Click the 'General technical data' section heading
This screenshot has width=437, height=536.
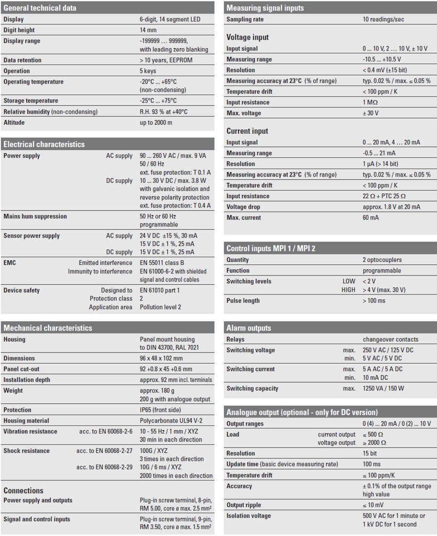click(40, 8)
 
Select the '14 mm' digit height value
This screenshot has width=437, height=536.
click(148, 30)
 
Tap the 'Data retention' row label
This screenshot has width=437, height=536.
click(22, 60)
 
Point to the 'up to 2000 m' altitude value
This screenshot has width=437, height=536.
click(156, 122)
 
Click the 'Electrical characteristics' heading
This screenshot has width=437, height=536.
click(44, 144)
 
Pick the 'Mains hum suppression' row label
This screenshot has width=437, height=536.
click(35, 216)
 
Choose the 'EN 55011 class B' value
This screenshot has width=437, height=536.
click(162, 263)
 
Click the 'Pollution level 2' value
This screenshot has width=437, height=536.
click(160, 307)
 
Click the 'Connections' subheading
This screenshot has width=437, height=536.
click(23, 490)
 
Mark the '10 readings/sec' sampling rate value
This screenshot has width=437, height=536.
click(383, 19)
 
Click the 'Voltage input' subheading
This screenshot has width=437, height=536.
click(247, 37)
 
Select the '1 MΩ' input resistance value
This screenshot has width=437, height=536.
click(370, 103)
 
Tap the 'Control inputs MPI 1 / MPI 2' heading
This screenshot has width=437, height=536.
click(270, 249)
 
